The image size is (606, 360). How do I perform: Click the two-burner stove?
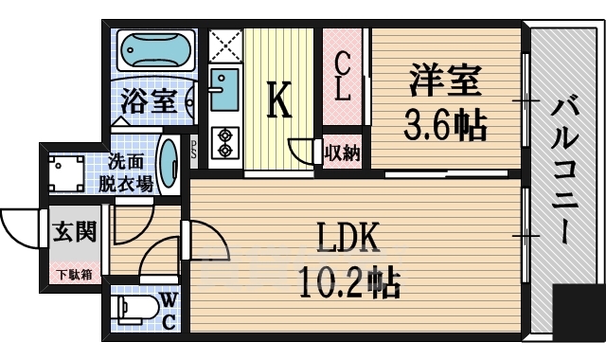coord(225,141)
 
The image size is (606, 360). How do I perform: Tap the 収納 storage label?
coord(342,152)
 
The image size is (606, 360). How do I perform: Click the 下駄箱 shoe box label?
coord(73,275)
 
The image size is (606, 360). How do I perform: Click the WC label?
coord(168,310)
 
